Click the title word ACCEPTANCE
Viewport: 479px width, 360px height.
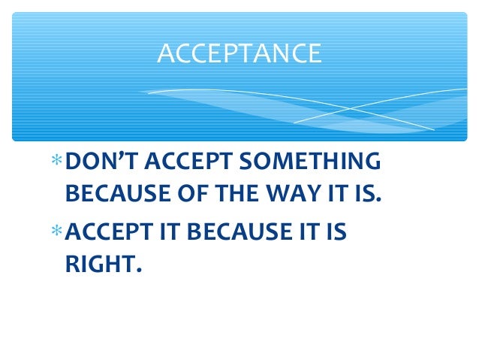[239, 53]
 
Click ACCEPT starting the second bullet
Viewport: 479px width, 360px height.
[109, 232]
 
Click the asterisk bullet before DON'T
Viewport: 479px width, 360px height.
[58, 162]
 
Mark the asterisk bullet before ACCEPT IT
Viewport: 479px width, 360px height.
[58, 232]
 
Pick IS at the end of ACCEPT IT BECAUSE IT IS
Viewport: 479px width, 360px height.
[336, 232]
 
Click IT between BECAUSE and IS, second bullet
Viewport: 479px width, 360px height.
[303, 232]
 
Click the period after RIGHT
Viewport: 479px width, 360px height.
[138, 273]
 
